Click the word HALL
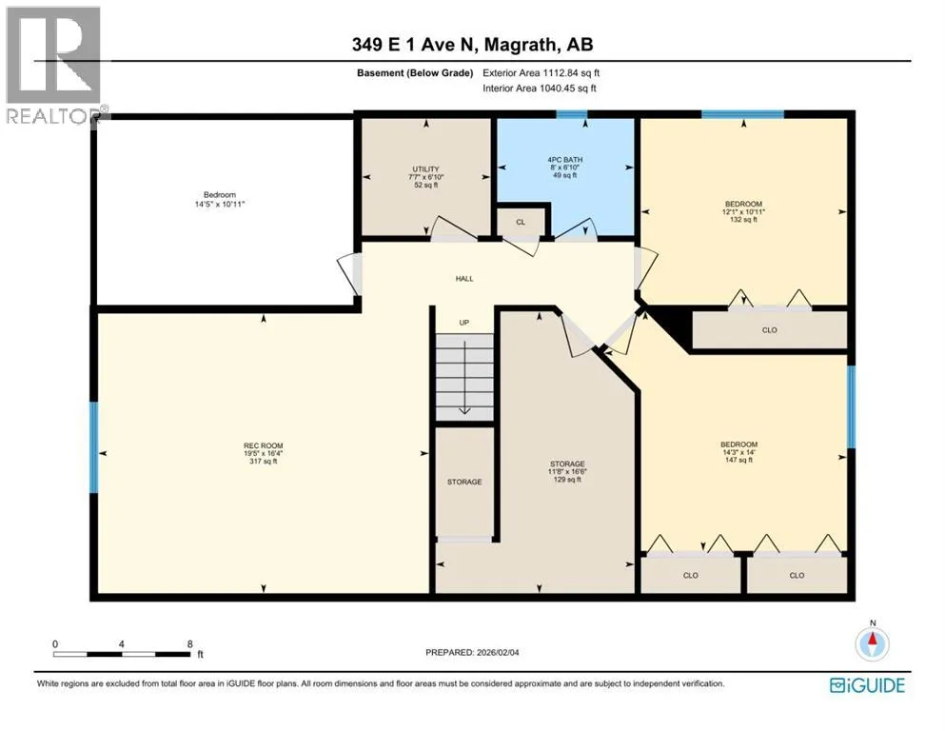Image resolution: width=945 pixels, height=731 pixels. tap(464, 279)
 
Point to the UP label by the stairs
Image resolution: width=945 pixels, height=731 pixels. tap(464, 323)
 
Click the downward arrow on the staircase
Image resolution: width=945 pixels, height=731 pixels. tap(464, 378)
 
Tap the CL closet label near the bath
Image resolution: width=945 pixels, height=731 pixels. tap(521, 222)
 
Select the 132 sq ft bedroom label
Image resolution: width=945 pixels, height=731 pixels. tap(743, 211)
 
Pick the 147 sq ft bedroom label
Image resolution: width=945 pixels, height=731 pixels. tap(738, 452)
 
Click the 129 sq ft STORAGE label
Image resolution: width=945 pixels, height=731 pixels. tap(567, 472)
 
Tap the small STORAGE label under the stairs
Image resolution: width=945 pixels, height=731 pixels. tap(464, 482)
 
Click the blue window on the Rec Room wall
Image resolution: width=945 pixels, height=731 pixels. tap(93, 447)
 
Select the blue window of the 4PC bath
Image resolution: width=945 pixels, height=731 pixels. tap(571, 114)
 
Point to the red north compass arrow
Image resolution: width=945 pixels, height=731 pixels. tap(872, 639)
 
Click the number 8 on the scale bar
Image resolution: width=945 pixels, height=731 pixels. tap(189, 643)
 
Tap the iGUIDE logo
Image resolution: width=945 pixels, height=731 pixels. tap(867, 685)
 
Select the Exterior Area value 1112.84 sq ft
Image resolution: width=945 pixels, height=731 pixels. tap(571, 73)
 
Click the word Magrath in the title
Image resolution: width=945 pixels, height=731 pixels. tap(521, 45)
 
